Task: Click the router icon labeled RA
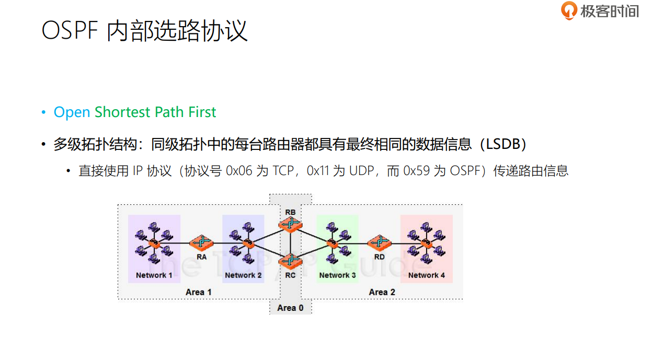202,242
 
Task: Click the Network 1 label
154,275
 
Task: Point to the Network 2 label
243,275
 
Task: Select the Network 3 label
337,275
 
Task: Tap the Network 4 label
427,275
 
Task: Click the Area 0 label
290,308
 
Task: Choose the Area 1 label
199,292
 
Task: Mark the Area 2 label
382,292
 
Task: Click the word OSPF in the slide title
70,31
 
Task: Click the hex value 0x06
238,171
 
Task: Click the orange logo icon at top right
569,10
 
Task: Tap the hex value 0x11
318,171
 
